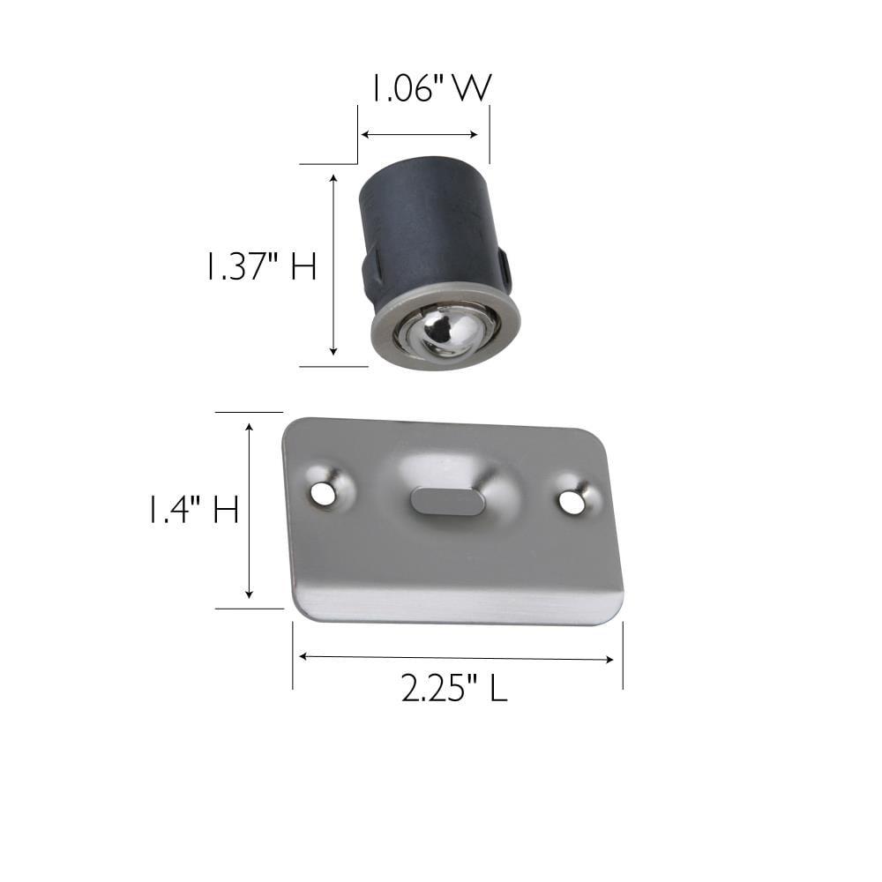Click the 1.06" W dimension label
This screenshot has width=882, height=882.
pyautogui.click(x=427, y=89)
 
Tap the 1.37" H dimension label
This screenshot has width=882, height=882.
pyautogui.click(x=260, y=265)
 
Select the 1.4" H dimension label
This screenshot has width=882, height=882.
pyautogui.click(x=193, y=510)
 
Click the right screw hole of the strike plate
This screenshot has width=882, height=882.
pyautogui.click(x=572, y=503)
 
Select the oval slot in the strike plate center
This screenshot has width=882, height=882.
pyautogui.click(x=447, y=501)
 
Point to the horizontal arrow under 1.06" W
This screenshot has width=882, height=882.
pyautogui.click(x=420, y=135)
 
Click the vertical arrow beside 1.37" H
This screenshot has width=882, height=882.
pyautogui.click(x=333, y=265)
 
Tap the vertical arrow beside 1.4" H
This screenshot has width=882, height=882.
pyautogui.click(x=250, y=511)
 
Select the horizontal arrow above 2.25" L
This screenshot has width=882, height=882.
pyautogui.click(x=456, y=657)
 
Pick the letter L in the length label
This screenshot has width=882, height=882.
pyautogui.click(x=498, y=689)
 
